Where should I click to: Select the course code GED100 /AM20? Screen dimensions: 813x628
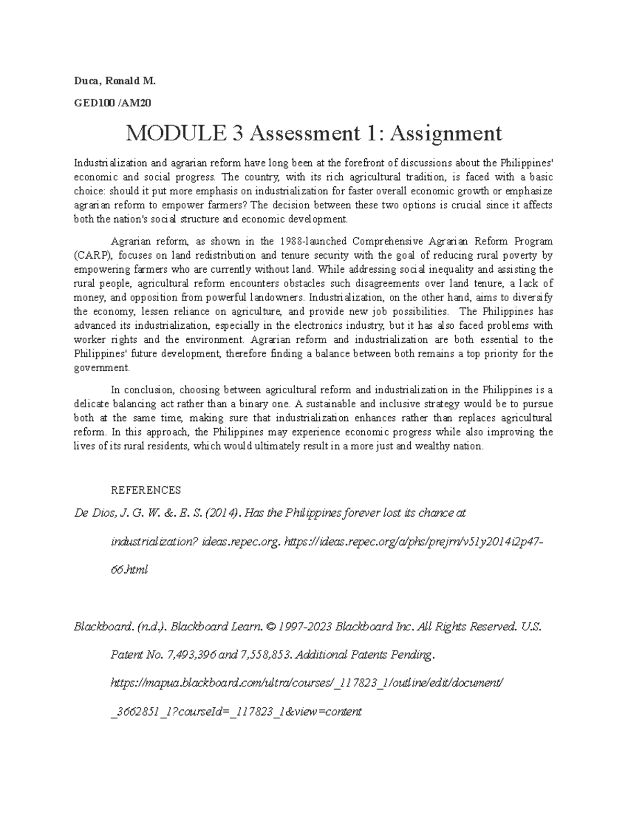(113, 103)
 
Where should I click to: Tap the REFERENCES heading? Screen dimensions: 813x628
(146, 490)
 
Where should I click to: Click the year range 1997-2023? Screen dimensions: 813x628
(305, 627)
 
